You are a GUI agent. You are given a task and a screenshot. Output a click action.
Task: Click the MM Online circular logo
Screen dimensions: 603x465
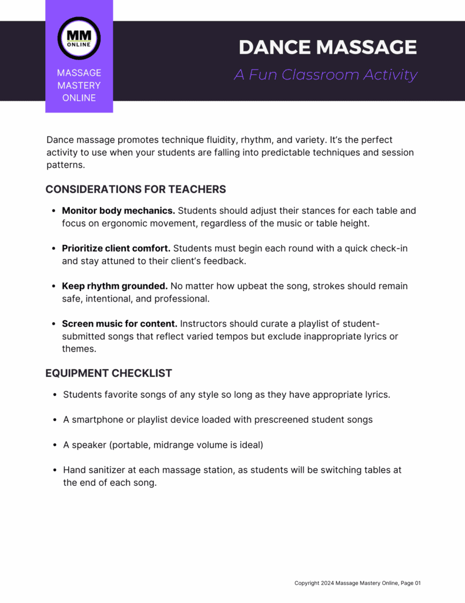pyautogui.click(x=79, y=38)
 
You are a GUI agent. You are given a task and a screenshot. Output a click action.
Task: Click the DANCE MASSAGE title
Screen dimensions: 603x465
pyautogui.click(x=328, y=47)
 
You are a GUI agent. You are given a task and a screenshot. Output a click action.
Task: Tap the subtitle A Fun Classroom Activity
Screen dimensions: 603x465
pyautogui.click(x=326, y=75)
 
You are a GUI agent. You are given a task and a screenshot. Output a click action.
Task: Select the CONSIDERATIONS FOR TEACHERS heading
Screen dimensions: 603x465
pyautogui.click(x=136, y=189)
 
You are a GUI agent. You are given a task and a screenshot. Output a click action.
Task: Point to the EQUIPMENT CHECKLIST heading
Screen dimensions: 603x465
pyautogui.click(x=109, y=373)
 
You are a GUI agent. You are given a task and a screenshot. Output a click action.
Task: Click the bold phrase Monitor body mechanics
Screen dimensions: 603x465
pyautogui.click(x=118, y=210)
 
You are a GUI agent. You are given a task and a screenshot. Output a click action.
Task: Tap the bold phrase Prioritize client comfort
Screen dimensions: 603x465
pyautogui.click(x=116, y=248)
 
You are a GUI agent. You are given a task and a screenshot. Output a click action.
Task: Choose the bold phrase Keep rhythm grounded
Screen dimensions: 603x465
pyautogui.click(x=115, y=286)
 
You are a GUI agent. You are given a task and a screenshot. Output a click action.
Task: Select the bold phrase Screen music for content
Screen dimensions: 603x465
pyautogui.click(x=119, y=323)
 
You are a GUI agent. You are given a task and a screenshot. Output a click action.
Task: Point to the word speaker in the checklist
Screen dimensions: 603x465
pyautogui.click(x=89, y=445)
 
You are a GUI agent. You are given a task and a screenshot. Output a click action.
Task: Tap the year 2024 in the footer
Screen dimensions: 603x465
pyautogui.click(x=327, y=583)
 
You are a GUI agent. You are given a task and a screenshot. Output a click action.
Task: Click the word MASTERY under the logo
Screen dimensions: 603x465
pyautogui.click(x=79, y=85)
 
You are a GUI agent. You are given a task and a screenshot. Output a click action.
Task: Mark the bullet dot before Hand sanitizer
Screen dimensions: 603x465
pyautogui.click(x=55, y=470)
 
